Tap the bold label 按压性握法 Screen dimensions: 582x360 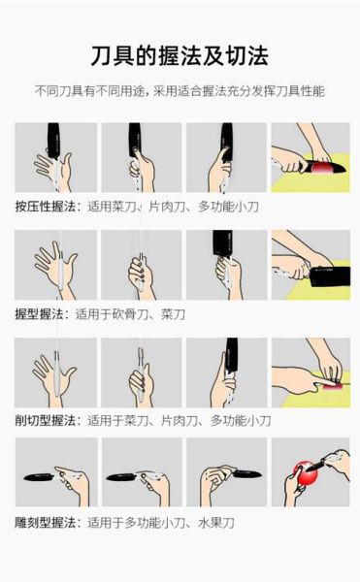(46, 207)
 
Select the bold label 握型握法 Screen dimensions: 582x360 (40, 314)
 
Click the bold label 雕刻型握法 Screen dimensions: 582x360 (46, 522)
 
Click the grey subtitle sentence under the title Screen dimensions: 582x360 (180, 90)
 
